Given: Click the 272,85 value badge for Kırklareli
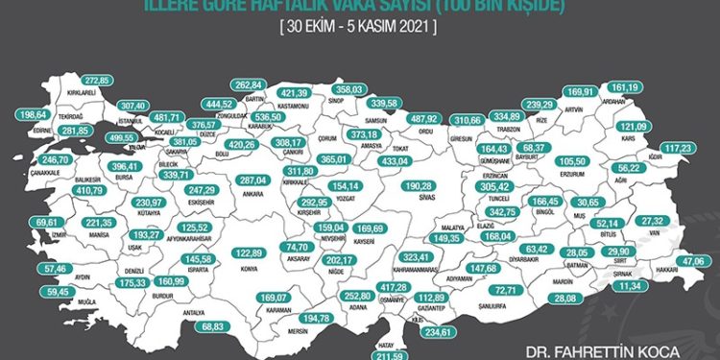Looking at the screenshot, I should point(100,79).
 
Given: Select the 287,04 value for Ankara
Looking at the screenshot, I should point(252,180).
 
